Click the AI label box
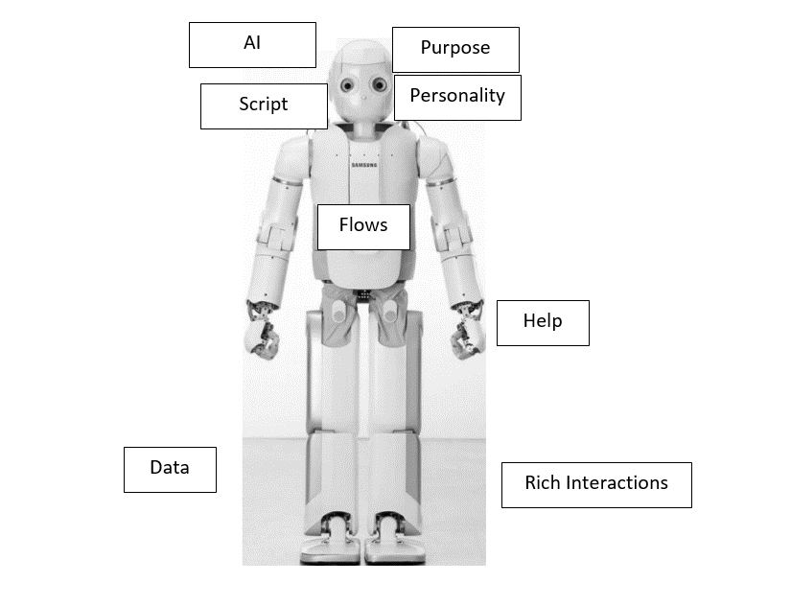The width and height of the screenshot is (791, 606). click(252, 45)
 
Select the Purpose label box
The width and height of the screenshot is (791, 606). click(455, 50)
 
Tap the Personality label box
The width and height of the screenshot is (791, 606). click(457, 98)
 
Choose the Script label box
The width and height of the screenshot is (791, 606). click(264, 106)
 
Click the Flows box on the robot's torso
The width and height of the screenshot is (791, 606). click(363, 227)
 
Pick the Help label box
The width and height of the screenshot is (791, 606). click(543, 323)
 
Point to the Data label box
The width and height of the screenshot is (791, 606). click(170, 470)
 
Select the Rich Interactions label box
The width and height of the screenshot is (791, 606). click(596, 485)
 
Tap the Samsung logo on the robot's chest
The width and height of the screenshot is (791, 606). click(364, 165)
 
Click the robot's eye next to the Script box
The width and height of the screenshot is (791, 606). click(347, 85)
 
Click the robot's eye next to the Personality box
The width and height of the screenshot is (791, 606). click(380, 85)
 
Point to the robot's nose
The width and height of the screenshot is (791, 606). click(364, 97)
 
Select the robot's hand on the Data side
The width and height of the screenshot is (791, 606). click(262, 331)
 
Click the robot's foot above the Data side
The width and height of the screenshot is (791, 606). click(331, 539)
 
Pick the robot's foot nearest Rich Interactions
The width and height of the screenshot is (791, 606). click(395, 539)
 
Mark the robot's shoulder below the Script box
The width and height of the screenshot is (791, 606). click(291, 159)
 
